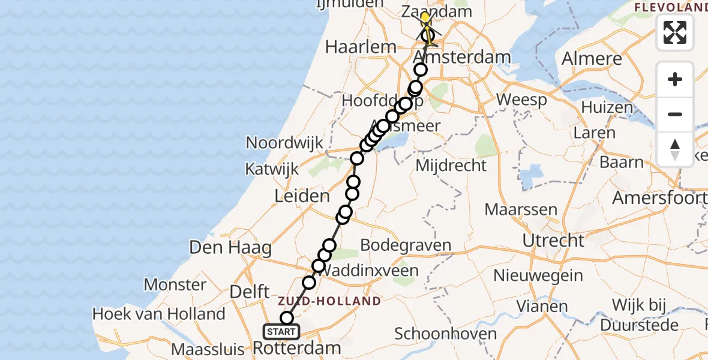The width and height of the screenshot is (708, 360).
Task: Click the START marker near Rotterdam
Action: [x=281, y=332]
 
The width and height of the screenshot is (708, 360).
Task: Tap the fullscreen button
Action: [x=675, y=32]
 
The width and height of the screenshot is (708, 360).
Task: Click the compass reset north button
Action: [x=675, y=149]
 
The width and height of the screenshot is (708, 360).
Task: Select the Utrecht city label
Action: [x=553, y=241]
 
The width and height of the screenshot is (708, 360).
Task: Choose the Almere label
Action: [x=592, y=59]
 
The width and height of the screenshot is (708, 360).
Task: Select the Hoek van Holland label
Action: [x=159, y=314]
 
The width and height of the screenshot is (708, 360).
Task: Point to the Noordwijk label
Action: [x=285, y=143]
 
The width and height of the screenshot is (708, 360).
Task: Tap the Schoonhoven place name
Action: [x=446, y=334]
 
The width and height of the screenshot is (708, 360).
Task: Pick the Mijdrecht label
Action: [x=451, y=164]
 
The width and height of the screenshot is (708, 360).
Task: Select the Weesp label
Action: [x=521, y=100]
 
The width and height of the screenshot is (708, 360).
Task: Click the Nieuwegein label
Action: [x=538, y=275]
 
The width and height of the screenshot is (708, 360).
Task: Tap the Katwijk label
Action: [x=272, y=169]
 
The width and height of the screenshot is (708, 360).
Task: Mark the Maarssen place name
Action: [x=521, y=210]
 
